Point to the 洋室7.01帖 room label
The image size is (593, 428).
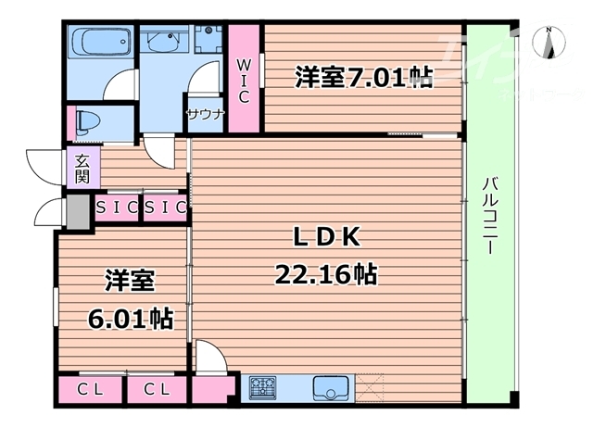(x=364, y=78)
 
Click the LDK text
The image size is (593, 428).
(x=326, y=239)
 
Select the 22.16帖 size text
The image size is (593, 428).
(x=325, y=274)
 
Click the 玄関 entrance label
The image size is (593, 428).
(x=82, y=169)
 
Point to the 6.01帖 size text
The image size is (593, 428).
(x=130, y=318)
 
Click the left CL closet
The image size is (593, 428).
(x=90, y=390)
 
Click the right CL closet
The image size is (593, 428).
(x=157, y=390)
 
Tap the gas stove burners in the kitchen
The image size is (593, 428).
(x=262, y=387)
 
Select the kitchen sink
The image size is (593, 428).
(x=330, y=387)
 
